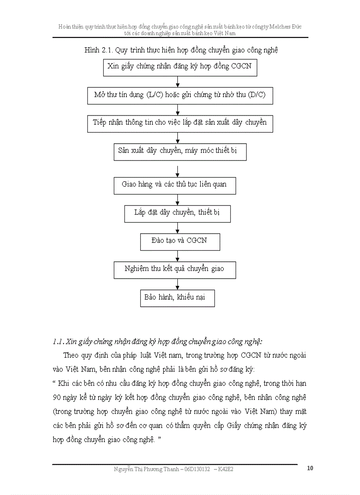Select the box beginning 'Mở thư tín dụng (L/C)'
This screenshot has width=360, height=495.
180,95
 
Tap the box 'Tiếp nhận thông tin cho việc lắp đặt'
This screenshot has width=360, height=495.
180,123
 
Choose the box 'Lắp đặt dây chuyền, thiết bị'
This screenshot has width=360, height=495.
177,213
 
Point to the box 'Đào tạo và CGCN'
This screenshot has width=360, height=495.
180,242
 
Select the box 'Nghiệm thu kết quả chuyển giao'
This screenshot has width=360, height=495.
174,270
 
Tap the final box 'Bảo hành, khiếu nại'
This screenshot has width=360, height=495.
177,298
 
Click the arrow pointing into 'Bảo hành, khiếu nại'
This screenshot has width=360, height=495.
177,284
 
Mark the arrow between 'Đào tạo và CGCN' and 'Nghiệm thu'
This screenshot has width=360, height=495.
177,256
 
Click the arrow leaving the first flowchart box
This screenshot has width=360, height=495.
177,82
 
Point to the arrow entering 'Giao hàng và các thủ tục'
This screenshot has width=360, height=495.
177,171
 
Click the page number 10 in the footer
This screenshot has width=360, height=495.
310,468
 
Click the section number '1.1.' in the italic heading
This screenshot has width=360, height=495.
58,342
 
